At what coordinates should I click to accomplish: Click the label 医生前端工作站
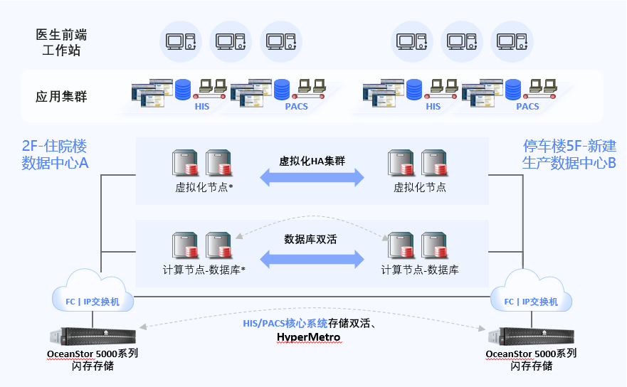[x=61, y=42]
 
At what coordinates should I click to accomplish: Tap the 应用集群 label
[x=61, y=96]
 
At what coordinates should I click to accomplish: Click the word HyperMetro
[x=308, y=336]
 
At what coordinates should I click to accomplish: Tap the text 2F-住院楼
[x=54, y=147]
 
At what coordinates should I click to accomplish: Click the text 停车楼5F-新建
[x=569, y=147]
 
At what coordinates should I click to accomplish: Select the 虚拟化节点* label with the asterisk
[x=205, y=188]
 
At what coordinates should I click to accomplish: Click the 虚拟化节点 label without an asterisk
[x=420, y=188]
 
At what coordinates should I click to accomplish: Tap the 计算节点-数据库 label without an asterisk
[x=420, y=270]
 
